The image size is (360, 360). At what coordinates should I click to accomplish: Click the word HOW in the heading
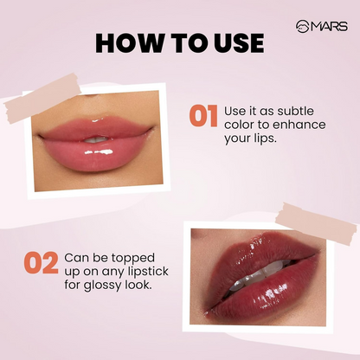(x=124, y=42)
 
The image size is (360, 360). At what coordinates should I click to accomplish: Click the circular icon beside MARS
(x=302, y=26)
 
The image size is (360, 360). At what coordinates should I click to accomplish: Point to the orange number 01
(x=202, y=118)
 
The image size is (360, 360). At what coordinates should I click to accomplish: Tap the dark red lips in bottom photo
(x=260, y=277)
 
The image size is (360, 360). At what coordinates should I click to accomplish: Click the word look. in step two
(x=141, y=286)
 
